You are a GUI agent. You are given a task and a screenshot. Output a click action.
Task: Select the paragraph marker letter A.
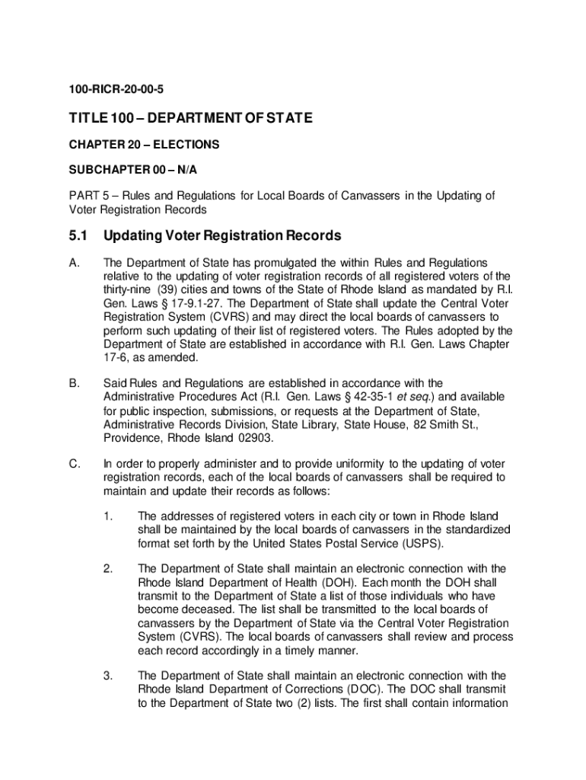[x=73, y=263]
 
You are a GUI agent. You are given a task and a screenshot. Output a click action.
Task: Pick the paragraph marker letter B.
[x=73, y=382]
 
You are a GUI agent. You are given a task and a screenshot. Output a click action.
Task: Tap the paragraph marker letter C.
[x=73, y=464]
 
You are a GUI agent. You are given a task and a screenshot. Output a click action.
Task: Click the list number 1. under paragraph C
[x=109, y=516]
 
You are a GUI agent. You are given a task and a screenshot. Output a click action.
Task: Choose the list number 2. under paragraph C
[x=109, y=569]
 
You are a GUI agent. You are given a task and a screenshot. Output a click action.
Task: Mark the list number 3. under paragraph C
[x=109, y=676]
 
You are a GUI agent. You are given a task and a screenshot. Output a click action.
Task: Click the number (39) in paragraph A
[x=171, y=289]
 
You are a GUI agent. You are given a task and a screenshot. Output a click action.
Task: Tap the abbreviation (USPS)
[x=421, y=543]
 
